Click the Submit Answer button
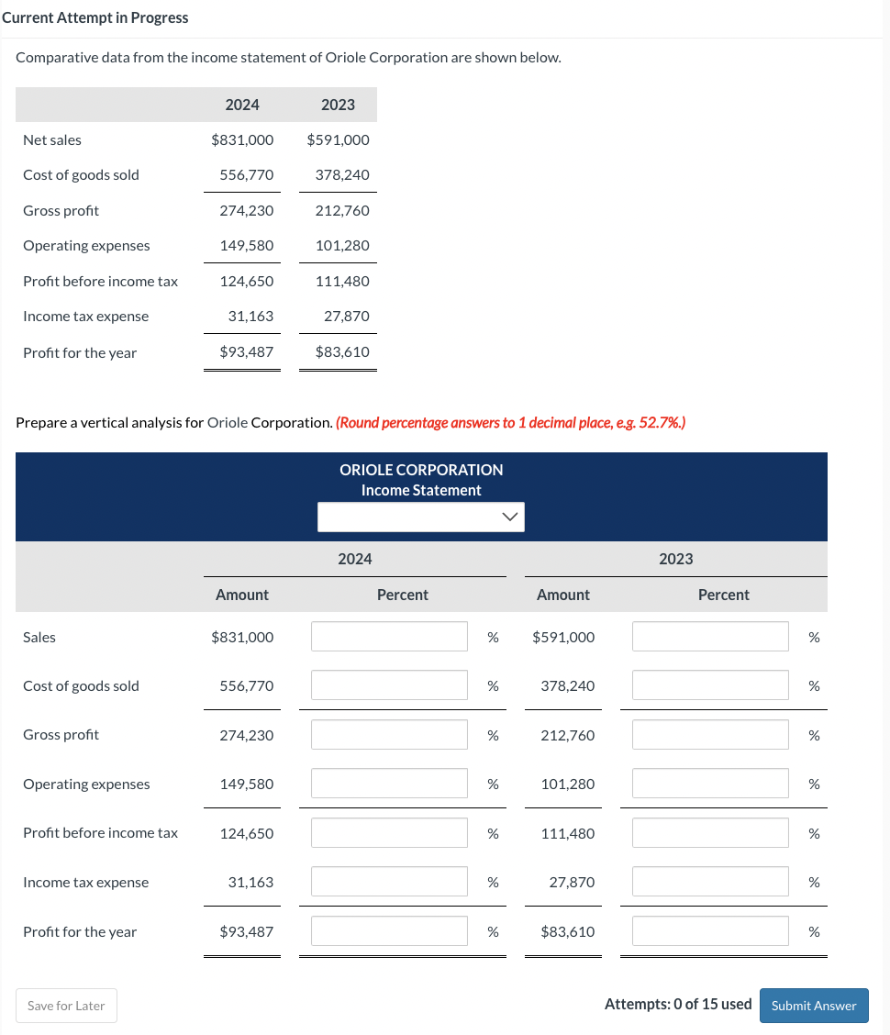click(813, 1006)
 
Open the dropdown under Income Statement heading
click(420, 517)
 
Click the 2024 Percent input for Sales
click(389, 637)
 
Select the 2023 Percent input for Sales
click(709, 637)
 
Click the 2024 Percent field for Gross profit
click(389, 735)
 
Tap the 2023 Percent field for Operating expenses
click(709, 785)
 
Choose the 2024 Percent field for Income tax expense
click(389, 883)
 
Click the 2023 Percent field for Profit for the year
click(709, 932)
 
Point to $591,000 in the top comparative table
click(338, 140)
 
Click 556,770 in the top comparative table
click(246, 175)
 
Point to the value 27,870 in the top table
click(346, 317)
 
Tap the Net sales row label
click(52, 140)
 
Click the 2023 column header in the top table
click(338, 105)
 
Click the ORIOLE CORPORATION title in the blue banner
click(421, 470)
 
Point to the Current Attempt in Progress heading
click(95, 17)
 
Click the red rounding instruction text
click(510, 423)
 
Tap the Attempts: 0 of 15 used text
click(678, 1005)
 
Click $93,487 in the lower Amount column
click(246, 932)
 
